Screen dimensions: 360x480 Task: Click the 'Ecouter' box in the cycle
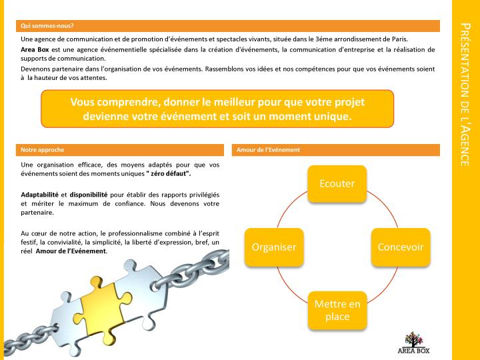pyautogui.click(x=337, y=183)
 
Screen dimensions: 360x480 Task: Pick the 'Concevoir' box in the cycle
pyautogui.click(x=400, y=246)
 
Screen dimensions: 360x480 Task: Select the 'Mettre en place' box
pyautogui.click(x=337, y=310)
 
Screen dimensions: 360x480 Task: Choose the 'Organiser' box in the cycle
pyautogui.click(x=273, y=246)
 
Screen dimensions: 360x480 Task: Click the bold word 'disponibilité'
pyautogui.click(x=89, y=194)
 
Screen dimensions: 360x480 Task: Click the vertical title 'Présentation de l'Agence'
pyautogui.click(x=465, y=93)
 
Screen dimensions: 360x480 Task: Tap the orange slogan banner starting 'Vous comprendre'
pyautogui.click(x=217, y=109)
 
